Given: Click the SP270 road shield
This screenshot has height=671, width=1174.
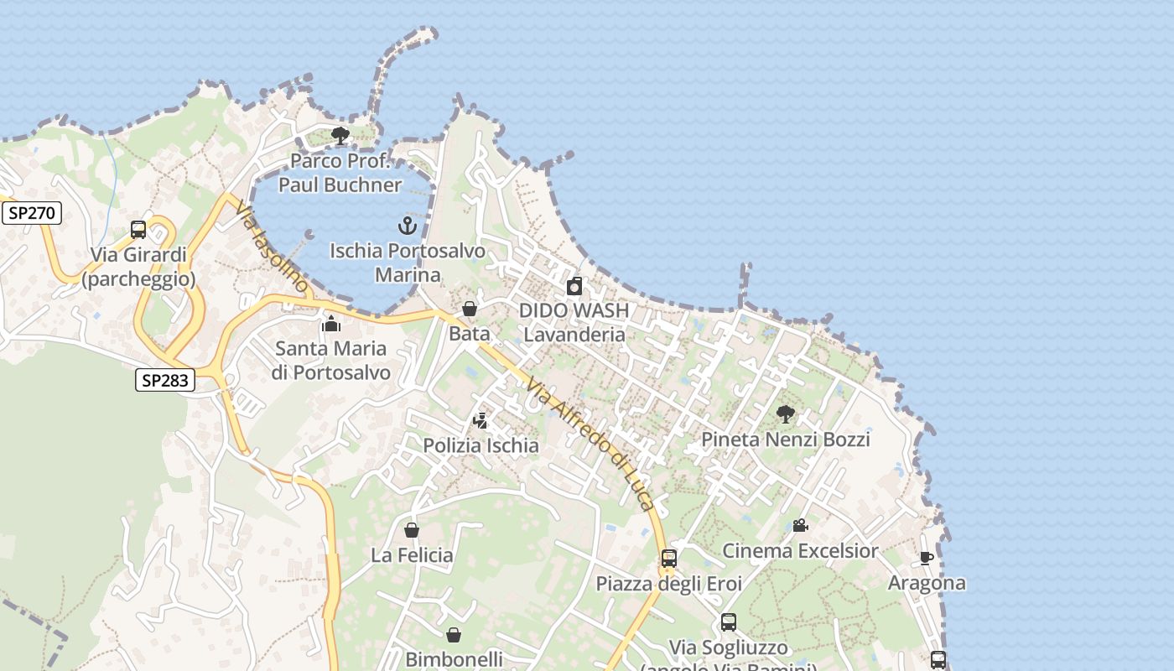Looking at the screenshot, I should pos(32,213).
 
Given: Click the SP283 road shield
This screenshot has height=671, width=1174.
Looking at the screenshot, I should pos(164,380).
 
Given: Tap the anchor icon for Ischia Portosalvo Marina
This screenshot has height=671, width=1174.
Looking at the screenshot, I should pos(407,226).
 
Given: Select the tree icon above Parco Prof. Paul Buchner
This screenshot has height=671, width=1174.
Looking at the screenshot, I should pos(340,136).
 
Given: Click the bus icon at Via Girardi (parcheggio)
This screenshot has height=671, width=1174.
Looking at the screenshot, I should pos(138,230).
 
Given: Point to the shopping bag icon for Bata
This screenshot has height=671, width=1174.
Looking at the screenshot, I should pos(470,309).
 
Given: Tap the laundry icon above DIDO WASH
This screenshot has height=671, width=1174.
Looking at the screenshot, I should pos(574,286).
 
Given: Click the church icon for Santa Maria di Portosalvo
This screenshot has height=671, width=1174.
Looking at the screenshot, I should pos(331,324).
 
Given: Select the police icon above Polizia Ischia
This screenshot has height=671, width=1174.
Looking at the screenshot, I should pos(481,420).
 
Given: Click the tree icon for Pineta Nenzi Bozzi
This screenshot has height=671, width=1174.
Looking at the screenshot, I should pos(786,414).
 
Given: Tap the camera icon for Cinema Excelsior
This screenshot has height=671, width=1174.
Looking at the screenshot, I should pos(800,526).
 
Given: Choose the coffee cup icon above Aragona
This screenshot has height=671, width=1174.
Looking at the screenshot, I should pos(927,558).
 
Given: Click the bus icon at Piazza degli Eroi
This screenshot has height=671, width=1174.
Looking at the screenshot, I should pos(668,559).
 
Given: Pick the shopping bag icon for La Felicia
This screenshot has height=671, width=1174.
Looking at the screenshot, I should pos(412,530).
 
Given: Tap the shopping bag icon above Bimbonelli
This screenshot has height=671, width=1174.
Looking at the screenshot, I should pos(454,635).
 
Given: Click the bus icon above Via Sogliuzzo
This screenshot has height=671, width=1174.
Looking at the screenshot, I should pos(729,622).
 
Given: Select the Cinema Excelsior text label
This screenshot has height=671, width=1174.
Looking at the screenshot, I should pos(800,551).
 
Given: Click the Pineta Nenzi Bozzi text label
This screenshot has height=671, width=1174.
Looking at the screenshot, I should pos(786,439).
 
